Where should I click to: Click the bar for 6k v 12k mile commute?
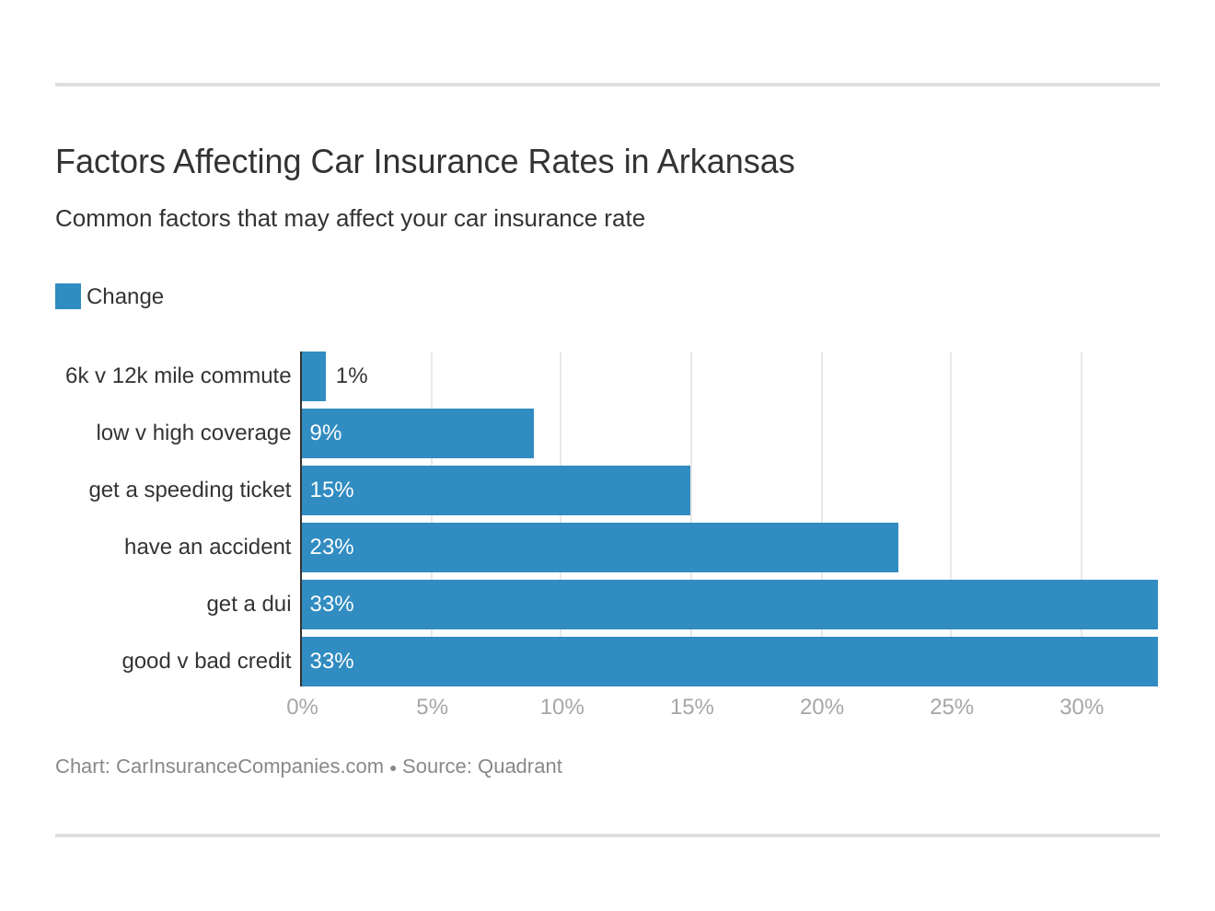point(314,376)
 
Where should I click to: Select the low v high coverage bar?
point(418,433)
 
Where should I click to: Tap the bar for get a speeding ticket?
point(496,490)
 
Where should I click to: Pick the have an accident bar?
point(600,548)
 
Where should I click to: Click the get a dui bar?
point(730,605)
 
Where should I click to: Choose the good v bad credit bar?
point(730,662)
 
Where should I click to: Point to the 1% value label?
point(352,376)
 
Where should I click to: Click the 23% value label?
point(331,548)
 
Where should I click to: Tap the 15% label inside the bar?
point(331,490)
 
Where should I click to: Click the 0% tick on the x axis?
point(302,707)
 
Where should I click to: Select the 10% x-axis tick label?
point(561,707)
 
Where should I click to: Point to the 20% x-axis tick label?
point(821,707)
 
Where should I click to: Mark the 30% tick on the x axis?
point(1081,707)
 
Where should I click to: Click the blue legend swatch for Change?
point(68,296)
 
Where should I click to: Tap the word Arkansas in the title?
point(725,162)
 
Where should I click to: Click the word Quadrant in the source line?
point(519,767)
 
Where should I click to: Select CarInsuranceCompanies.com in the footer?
point(249,767)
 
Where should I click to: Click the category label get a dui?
point(249,605)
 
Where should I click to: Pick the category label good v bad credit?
point(206,662)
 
